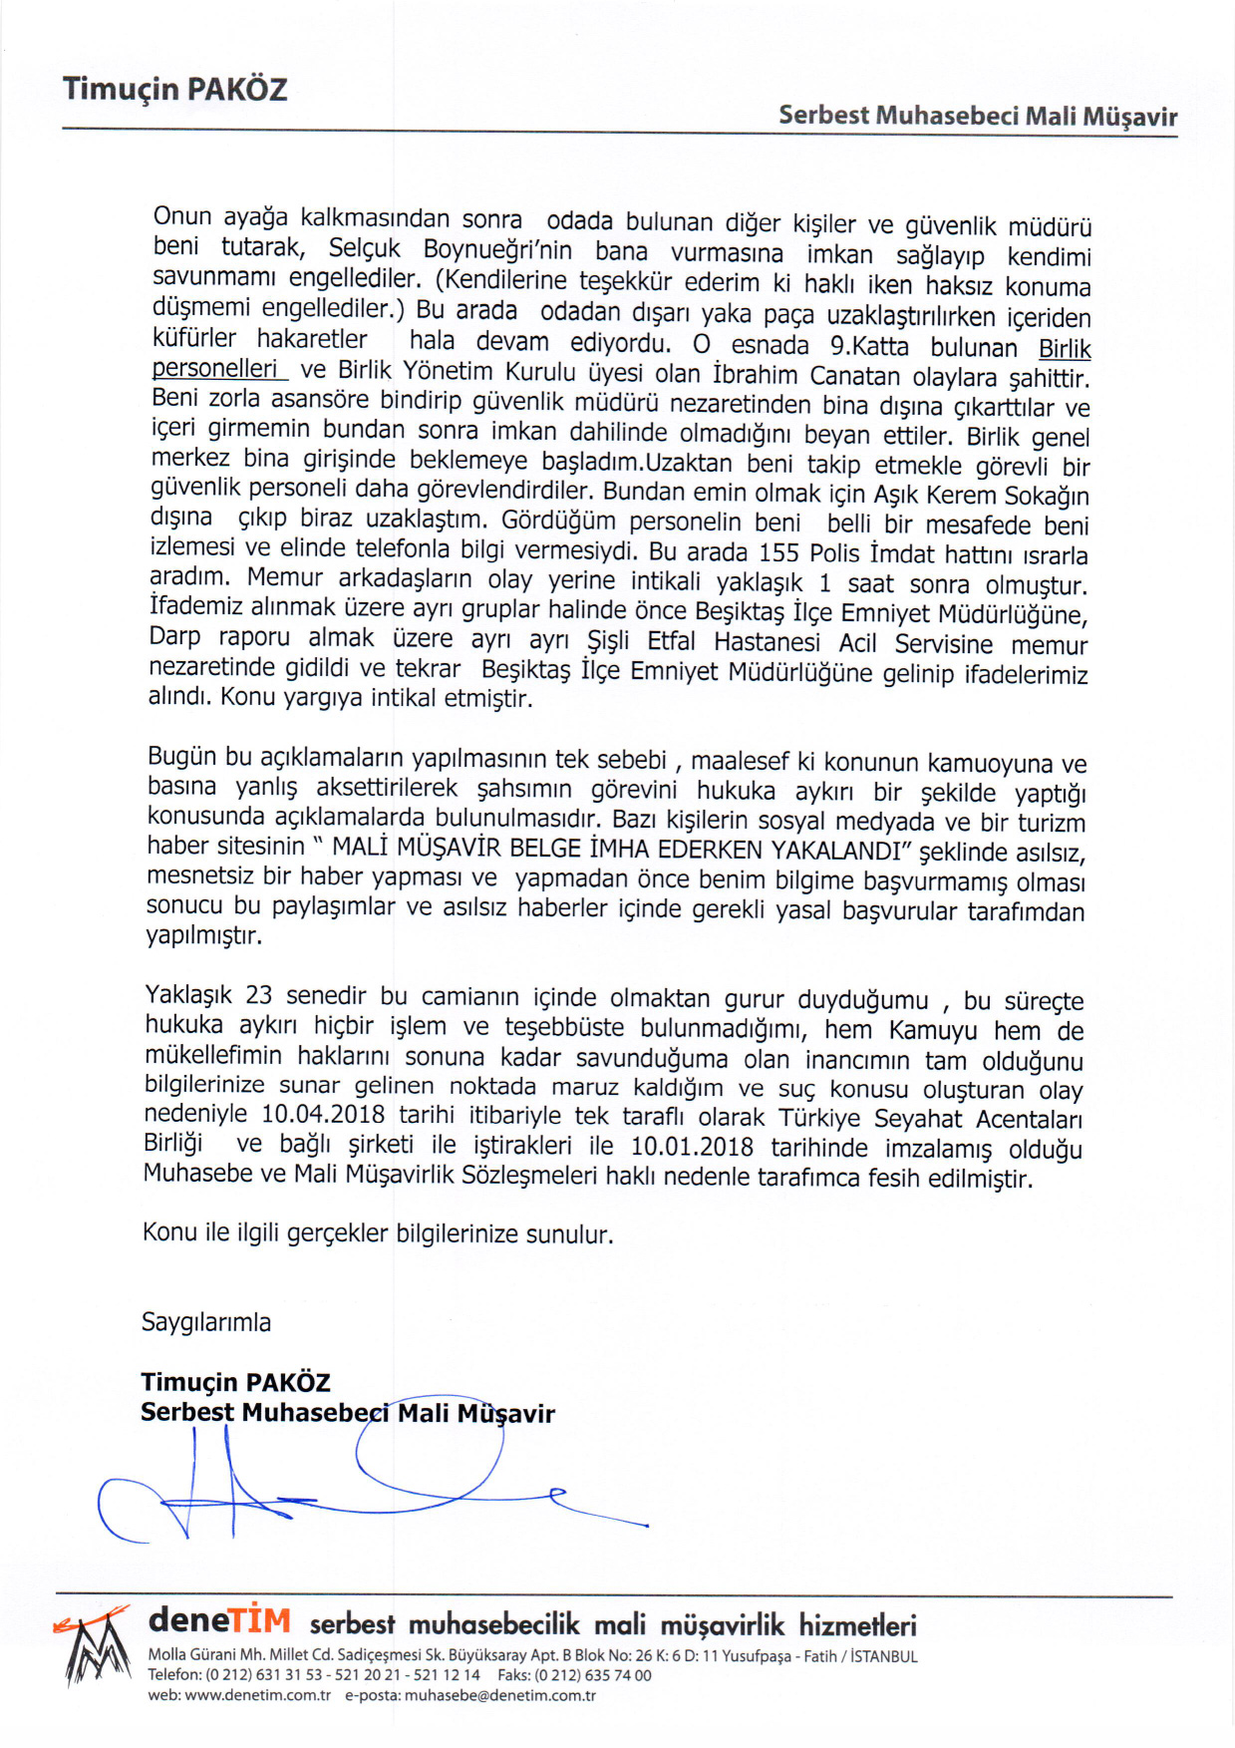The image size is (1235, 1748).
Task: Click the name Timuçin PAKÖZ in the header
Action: coord(174,90)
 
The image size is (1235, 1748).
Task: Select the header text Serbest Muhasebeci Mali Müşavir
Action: coord(977,117)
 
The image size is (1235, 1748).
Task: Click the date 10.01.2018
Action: coord(692,1147)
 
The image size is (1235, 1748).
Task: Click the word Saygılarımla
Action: coord(206,1322)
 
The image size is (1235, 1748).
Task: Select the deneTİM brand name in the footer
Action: coord(219,1620)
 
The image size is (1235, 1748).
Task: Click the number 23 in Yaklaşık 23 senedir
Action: coord(258,995)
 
